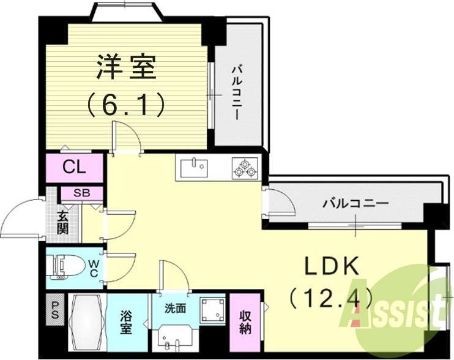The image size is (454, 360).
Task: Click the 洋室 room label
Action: [126, 67]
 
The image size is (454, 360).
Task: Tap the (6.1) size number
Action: [126, 105]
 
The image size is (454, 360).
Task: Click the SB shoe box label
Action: [81, 193]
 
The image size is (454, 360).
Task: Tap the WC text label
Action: [93, 268]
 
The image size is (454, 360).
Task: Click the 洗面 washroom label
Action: [175, 308]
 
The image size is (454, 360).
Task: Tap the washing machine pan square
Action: [212, 310]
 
